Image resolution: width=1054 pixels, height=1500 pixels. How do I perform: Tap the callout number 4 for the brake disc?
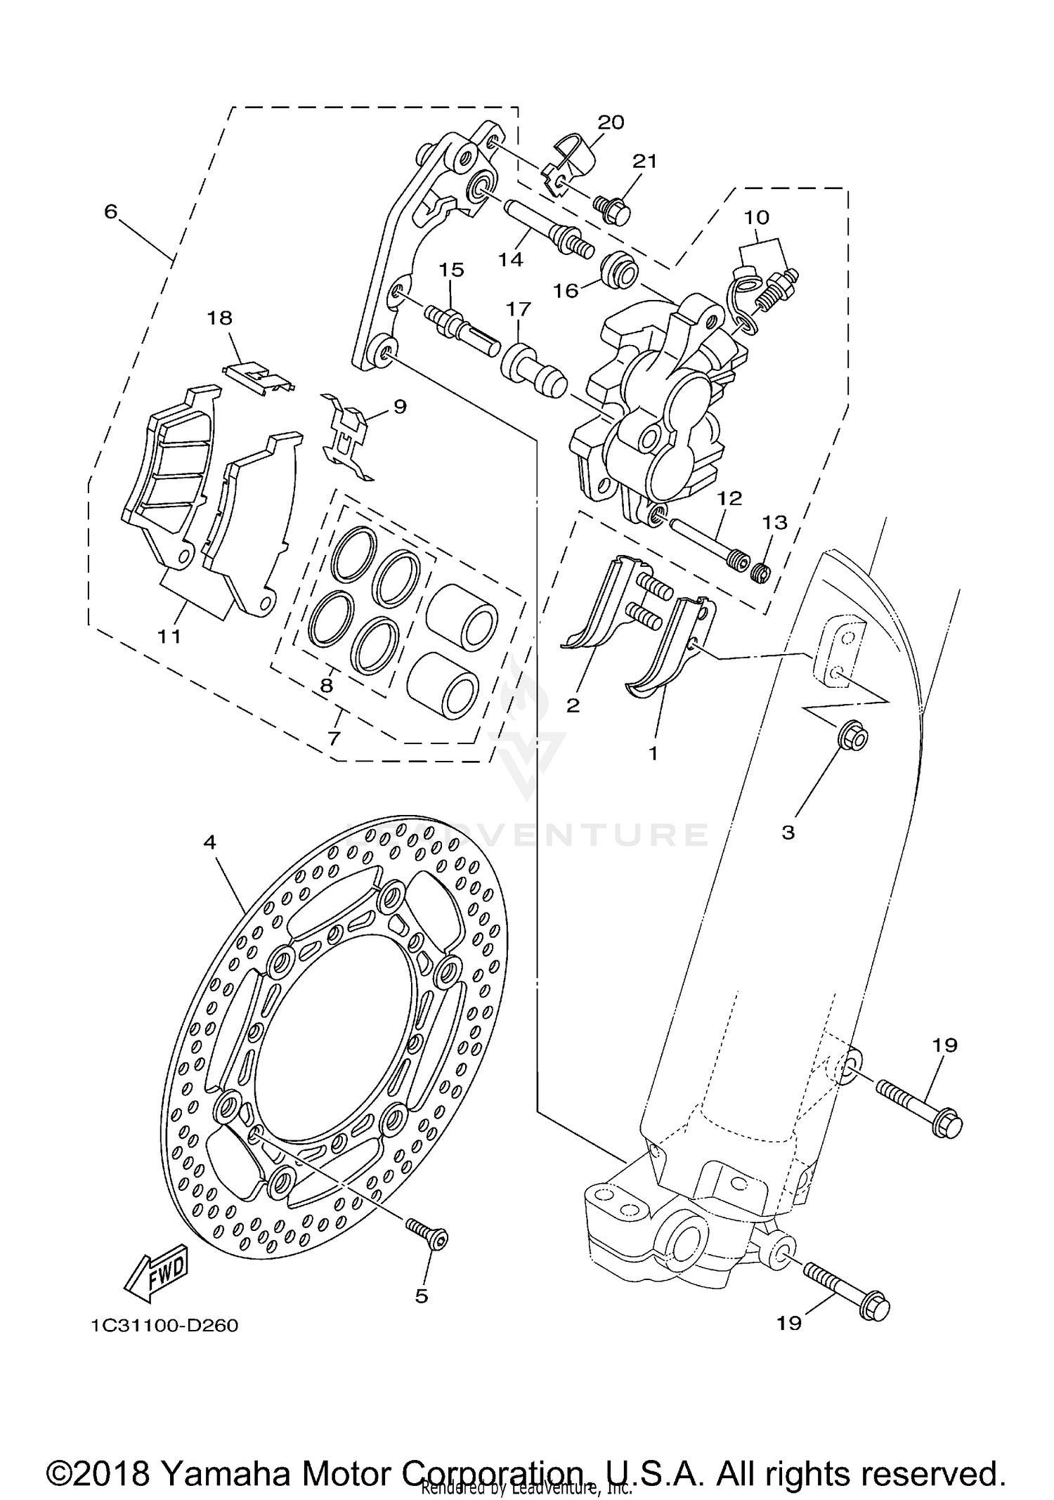coord(209,842)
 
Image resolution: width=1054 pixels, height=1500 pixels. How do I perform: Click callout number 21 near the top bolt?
coord(644,162)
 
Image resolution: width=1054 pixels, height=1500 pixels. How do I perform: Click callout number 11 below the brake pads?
coord(169,637)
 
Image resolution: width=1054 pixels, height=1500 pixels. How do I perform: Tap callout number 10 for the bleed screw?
coord(757,217)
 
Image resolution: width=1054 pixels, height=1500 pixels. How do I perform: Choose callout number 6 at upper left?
coord(110,211)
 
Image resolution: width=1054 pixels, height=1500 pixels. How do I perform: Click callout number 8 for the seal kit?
coord(326,685)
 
